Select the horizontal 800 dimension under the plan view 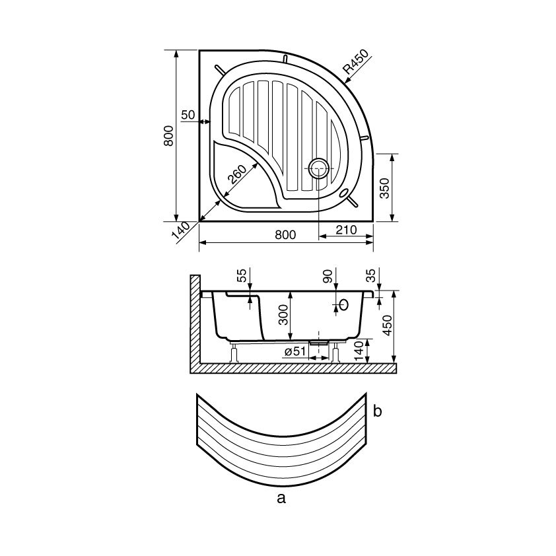285,234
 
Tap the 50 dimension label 188,115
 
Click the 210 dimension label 346,230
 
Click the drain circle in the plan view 320,168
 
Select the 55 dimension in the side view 242,276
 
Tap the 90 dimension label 329,276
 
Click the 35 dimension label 370,275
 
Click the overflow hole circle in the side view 343,304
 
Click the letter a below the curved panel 281,498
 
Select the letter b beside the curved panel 377,411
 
